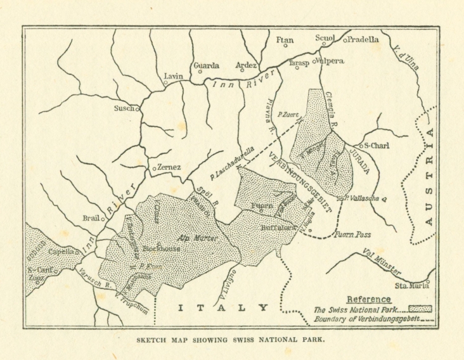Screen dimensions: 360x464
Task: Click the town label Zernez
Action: coord(169,167)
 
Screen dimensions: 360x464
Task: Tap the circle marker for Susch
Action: coord(138,109)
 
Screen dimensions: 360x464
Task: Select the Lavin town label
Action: coord(173,76)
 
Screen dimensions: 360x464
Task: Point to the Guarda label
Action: coord(206,65)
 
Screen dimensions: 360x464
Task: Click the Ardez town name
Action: coord(245,65)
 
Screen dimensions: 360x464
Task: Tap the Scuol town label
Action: coord(325,38)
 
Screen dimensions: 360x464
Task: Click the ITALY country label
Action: coord(222,308)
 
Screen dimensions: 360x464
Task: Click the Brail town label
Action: coord(91,218)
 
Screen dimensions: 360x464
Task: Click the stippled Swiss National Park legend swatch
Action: coord(420,309)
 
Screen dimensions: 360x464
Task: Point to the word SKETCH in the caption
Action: coord(155,340)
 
